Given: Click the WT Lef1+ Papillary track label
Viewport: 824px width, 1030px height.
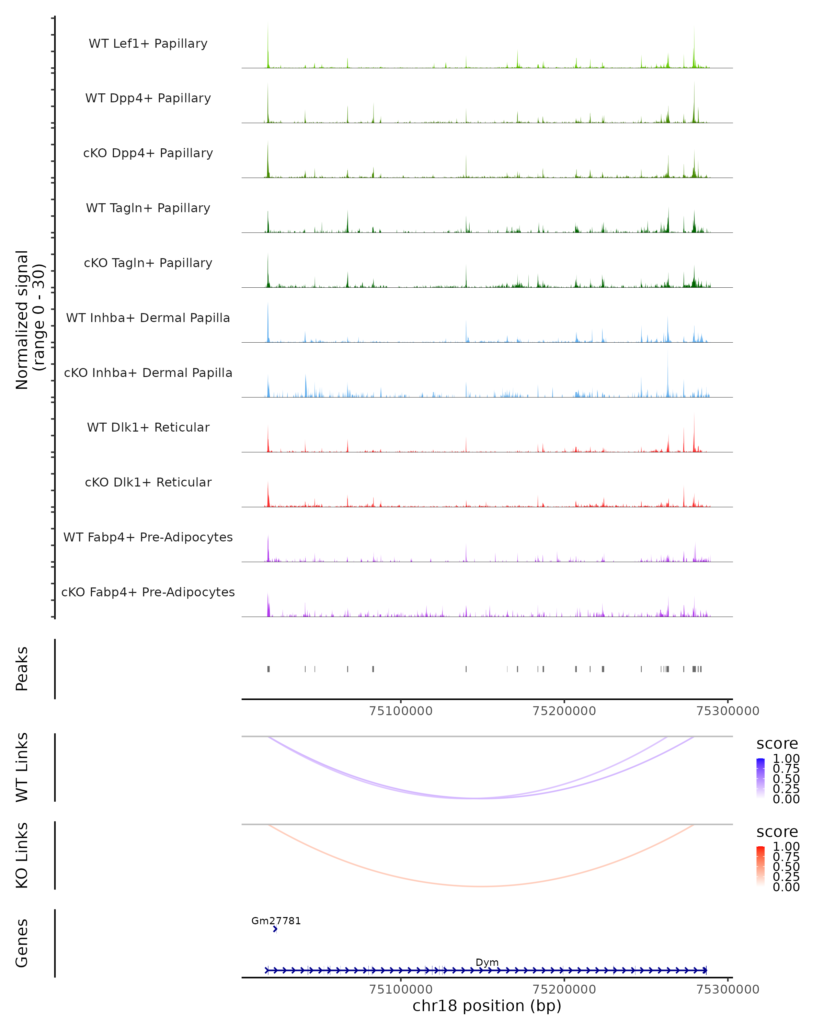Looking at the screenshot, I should pyautogui.click(x=148, y=44).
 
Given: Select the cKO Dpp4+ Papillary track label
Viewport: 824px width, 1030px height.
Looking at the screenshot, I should pyautogui.click(x=148, y=153).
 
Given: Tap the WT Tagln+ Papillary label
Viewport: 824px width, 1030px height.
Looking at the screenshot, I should pyautogui.click(x=148, y=208).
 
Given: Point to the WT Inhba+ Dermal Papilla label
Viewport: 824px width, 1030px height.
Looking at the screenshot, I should pyautogui.click(x=148, y=318).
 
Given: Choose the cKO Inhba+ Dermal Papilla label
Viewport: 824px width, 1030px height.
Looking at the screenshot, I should pyautogui.click(x=148, y=373).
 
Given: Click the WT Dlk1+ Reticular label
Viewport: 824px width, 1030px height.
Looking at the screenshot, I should pyautogui.click(x=148, y=427).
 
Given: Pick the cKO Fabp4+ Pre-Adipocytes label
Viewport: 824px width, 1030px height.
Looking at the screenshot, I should pyautogui.click(x=148, y=592).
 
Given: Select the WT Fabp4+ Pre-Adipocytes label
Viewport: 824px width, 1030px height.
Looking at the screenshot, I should pyautogui.click(x=148, y=537).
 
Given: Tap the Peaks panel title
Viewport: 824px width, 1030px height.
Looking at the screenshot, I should pyautogui.click(x=22, y=669).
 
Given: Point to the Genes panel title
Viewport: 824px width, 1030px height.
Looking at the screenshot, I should pyautogui.click(x=22, y=943).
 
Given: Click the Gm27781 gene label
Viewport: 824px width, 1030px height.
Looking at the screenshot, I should pyautogui.click(x=276, y=920).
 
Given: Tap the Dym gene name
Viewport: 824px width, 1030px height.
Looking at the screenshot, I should pyautogui.click(x=487, y=962).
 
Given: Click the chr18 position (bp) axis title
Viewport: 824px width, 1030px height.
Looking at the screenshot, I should pyautogui.click(x=487, y=1006).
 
